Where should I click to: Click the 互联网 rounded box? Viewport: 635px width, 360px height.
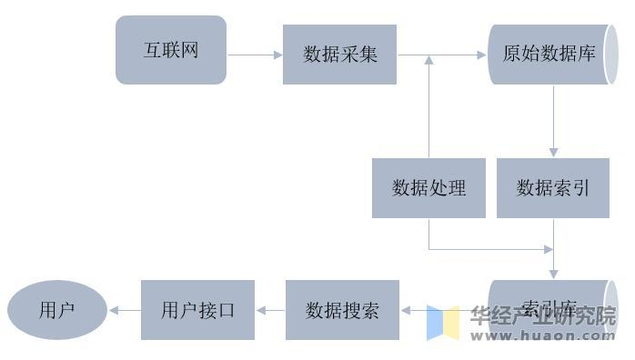(x=170, y=50)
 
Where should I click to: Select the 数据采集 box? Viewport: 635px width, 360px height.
(x=339, y=55)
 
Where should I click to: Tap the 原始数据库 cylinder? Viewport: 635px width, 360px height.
(x=549, y=55)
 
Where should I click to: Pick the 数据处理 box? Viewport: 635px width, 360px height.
(x=428, y=188)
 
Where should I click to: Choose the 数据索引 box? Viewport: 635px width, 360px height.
(x=553, y=188)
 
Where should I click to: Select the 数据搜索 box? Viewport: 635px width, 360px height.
(x=342, y=310)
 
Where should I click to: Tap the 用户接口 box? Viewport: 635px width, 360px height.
(x=197, y=310)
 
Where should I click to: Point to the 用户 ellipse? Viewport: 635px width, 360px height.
(x=56, y=310)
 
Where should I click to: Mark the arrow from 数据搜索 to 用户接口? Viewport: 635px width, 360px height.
(x=270, y=310)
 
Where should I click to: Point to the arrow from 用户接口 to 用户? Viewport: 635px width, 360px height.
(x=125, y=310)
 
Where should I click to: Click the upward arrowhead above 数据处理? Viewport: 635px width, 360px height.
(x=428, y=60)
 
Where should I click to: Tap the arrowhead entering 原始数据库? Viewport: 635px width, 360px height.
(x=482, y=55)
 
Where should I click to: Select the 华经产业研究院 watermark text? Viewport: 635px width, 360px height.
(x=543, y=315)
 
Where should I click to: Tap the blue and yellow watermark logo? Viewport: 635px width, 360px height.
(x=443, y=322)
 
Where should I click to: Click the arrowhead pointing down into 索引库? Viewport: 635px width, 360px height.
(x=553, y=274)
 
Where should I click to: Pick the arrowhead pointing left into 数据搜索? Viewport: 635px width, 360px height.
(x=405, y=310)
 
